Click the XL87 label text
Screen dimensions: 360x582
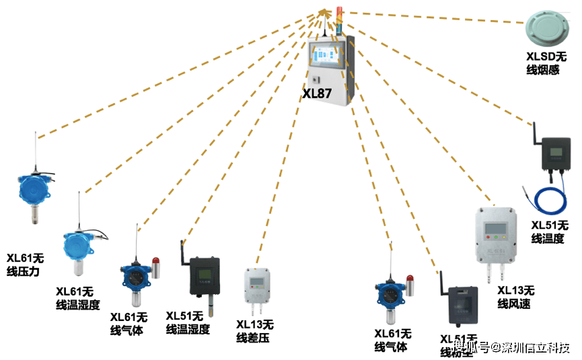click(316, 94)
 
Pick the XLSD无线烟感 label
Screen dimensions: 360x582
click(548, 64)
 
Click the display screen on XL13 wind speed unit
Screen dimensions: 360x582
click(498, 221)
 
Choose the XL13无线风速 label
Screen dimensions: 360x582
click(515, 297)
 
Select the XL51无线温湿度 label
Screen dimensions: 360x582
click(188, 322)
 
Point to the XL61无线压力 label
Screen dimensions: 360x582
click(26, 264)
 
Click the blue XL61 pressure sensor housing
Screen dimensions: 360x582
click(32, 190)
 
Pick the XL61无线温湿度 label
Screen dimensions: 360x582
click(77, 298)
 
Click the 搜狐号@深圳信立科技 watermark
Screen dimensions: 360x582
click(511, 347)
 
